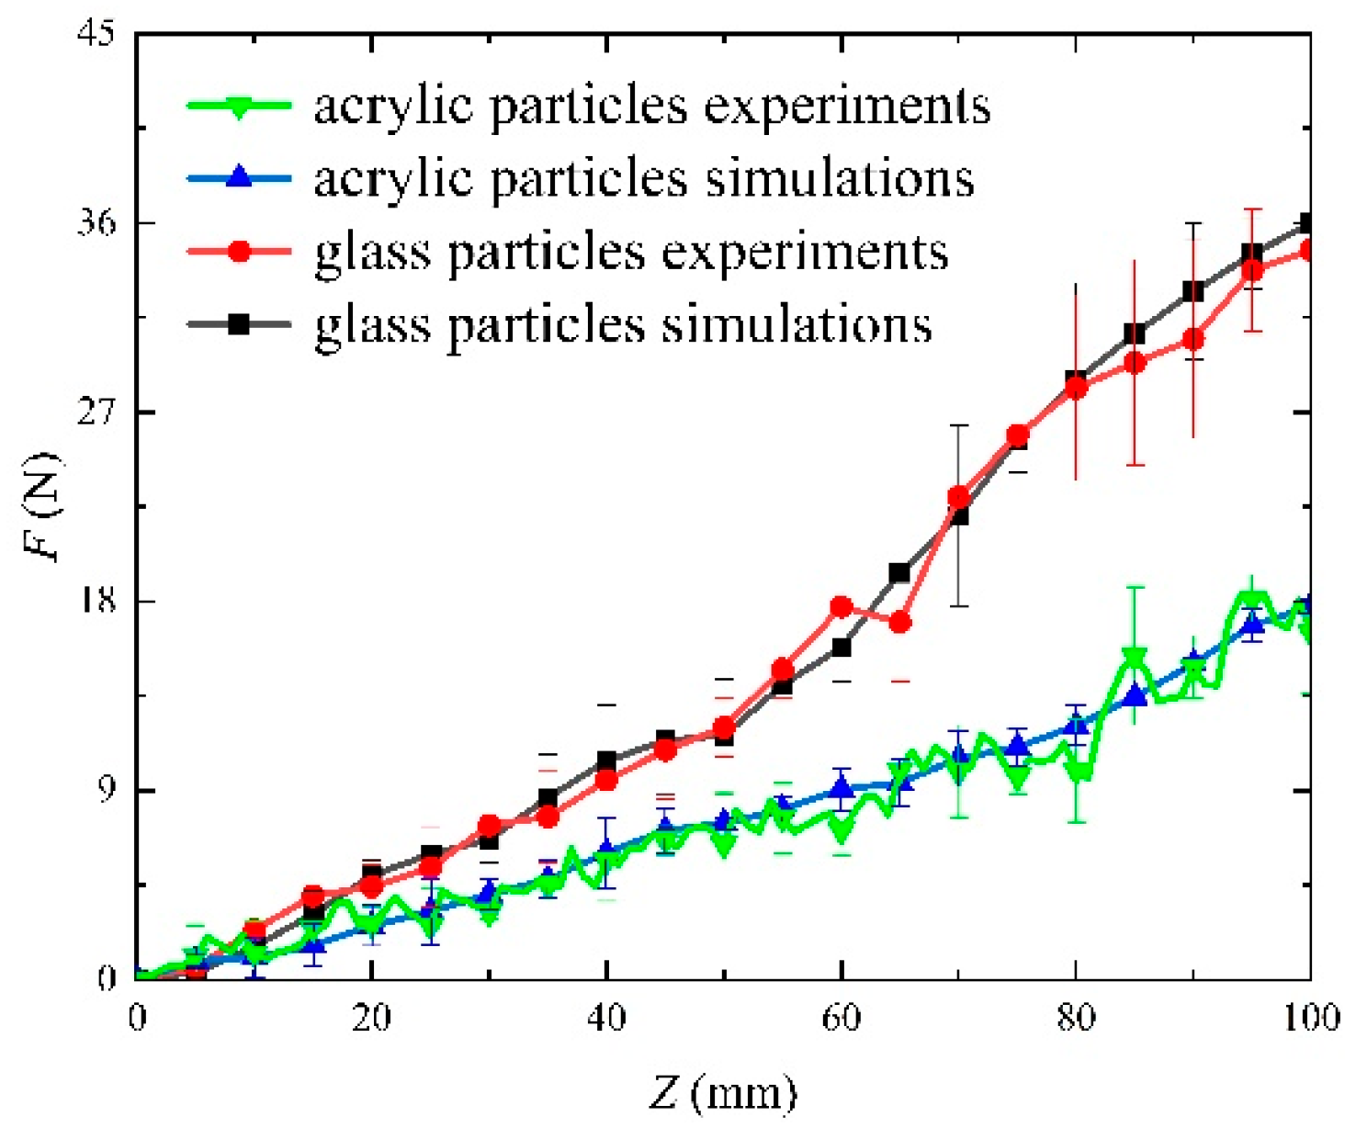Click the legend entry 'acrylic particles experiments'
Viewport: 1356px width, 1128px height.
tap(652, 107)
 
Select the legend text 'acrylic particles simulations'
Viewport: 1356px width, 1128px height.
tap(644, 178)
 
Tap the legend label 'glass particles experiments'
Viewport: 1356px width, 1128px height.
tap(631, 252)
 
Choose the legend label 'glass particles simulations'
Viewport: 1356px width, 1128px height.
tap(623, 325)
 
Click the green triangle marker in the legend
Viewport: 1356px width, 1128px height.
tap(239, 107)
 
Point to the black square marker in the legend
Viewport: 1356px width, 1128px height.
tap(239, 324)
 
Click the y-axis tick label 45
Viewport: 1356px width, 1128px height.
tap(96, 35)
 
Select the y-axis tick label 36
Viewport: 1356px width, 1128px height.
tap(96, 223)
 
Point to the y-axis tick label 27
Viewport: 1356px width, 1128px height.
tap(96, 412)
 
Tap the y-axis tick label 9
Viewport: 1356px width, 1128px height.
tap(107, 791)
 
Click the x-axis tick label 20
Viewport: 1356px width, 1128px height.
tap(371, 1019)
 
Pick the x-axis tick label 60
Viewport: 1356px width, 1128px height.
tap(841, 1019)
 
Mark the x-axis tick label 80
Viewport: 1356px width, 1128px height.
tap(1075, 1019)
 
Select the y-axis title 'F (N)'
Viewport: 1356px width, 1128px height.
tap(41, 506)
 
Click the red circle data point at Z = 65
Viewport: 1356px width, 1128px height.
tap(899, 622)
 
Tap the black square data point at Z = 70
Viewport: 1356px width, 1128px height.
tap(958, 515)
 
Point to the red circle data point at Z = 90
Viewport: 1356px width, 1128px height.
tap(1192, 339)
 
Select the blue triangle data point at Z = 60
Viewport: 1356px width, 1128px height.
tap(841, 787)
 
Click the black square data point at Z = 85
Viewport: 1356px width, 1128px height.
tap(1135, 333)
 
